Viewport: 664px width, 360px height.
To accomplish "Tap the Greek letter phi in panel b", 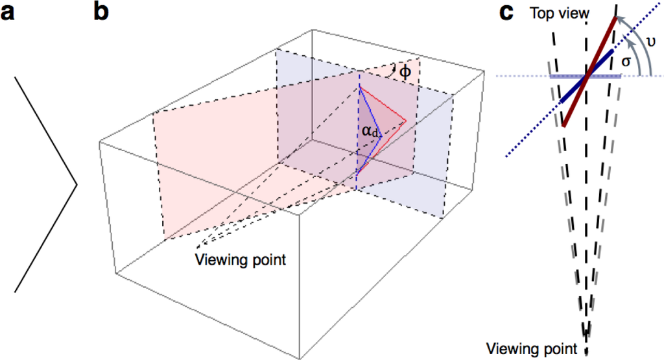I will click(x=405, y=72).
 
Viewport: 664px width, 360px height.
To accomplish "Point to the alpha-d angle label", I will click(x=370, y=132).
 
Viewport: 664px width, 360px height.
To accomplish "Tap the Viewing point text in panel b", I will click(x=240, y=260).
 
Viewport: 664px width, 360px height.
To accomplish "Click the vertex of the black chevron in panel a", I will click(x=77, y=185).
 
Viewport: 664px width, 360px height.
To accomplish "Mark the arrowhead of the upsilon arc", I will click(x=618, y=20).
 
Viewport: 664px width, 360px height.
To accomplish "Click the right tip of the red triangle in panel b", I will click(x=407, y=120).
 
